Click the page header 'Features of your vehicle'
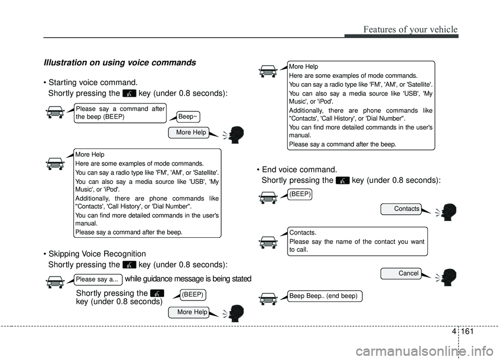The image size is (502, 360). (406, 29)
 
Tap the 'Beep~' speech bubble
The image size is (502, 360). (188, 117)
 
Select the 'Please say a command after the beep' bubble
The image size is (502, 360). (120, 113)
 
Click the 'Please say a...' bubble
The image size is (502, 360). (98, 280)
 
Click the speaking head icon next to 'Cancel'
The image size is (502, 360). (449, 277)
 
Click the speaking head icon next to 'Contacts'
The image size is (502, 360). (449, 212)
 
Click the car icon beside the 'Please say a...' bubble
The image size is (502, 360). (55, 282)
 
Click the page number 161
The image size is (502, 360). (469, 331)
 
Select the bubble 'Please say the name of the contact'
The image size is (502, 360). (357, 241)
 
